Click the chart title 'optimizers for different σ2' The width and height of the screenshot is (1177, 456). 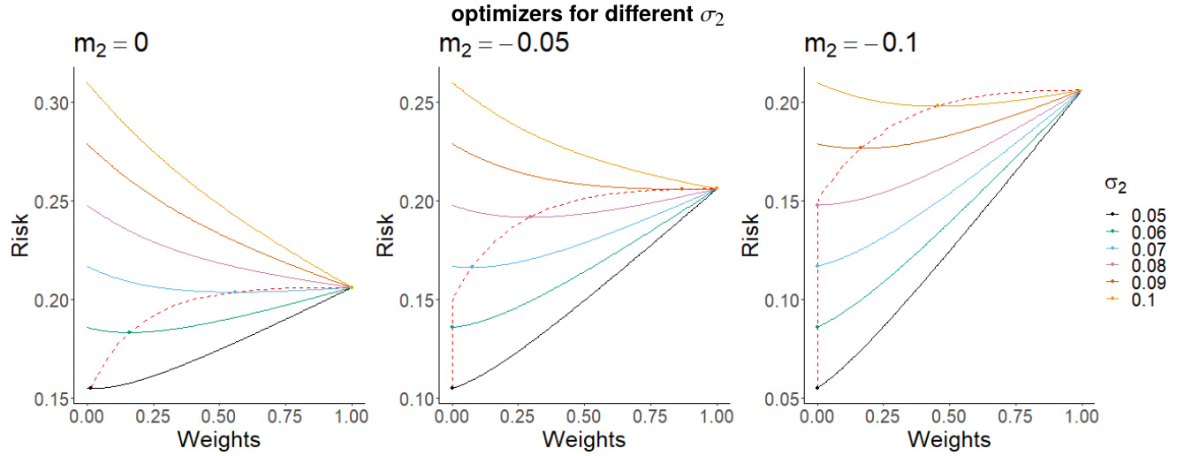point(588,15)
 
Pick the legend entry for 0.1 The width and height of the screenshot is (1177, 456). point(1135,300)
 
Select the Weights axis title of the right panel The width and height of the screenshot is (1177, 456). point(949,439)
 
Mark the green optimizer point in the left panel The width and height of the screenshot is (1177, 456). point(129,332)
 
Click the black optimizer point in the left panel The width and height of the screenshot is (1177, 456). point(90,388)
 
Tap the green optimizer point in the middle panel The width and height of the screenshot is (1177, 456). point(452,327)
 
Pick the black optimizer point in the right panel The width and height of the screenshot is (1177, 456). point(817,388)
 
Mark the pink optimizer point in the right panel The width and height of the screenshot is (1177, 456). point(817,205)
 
